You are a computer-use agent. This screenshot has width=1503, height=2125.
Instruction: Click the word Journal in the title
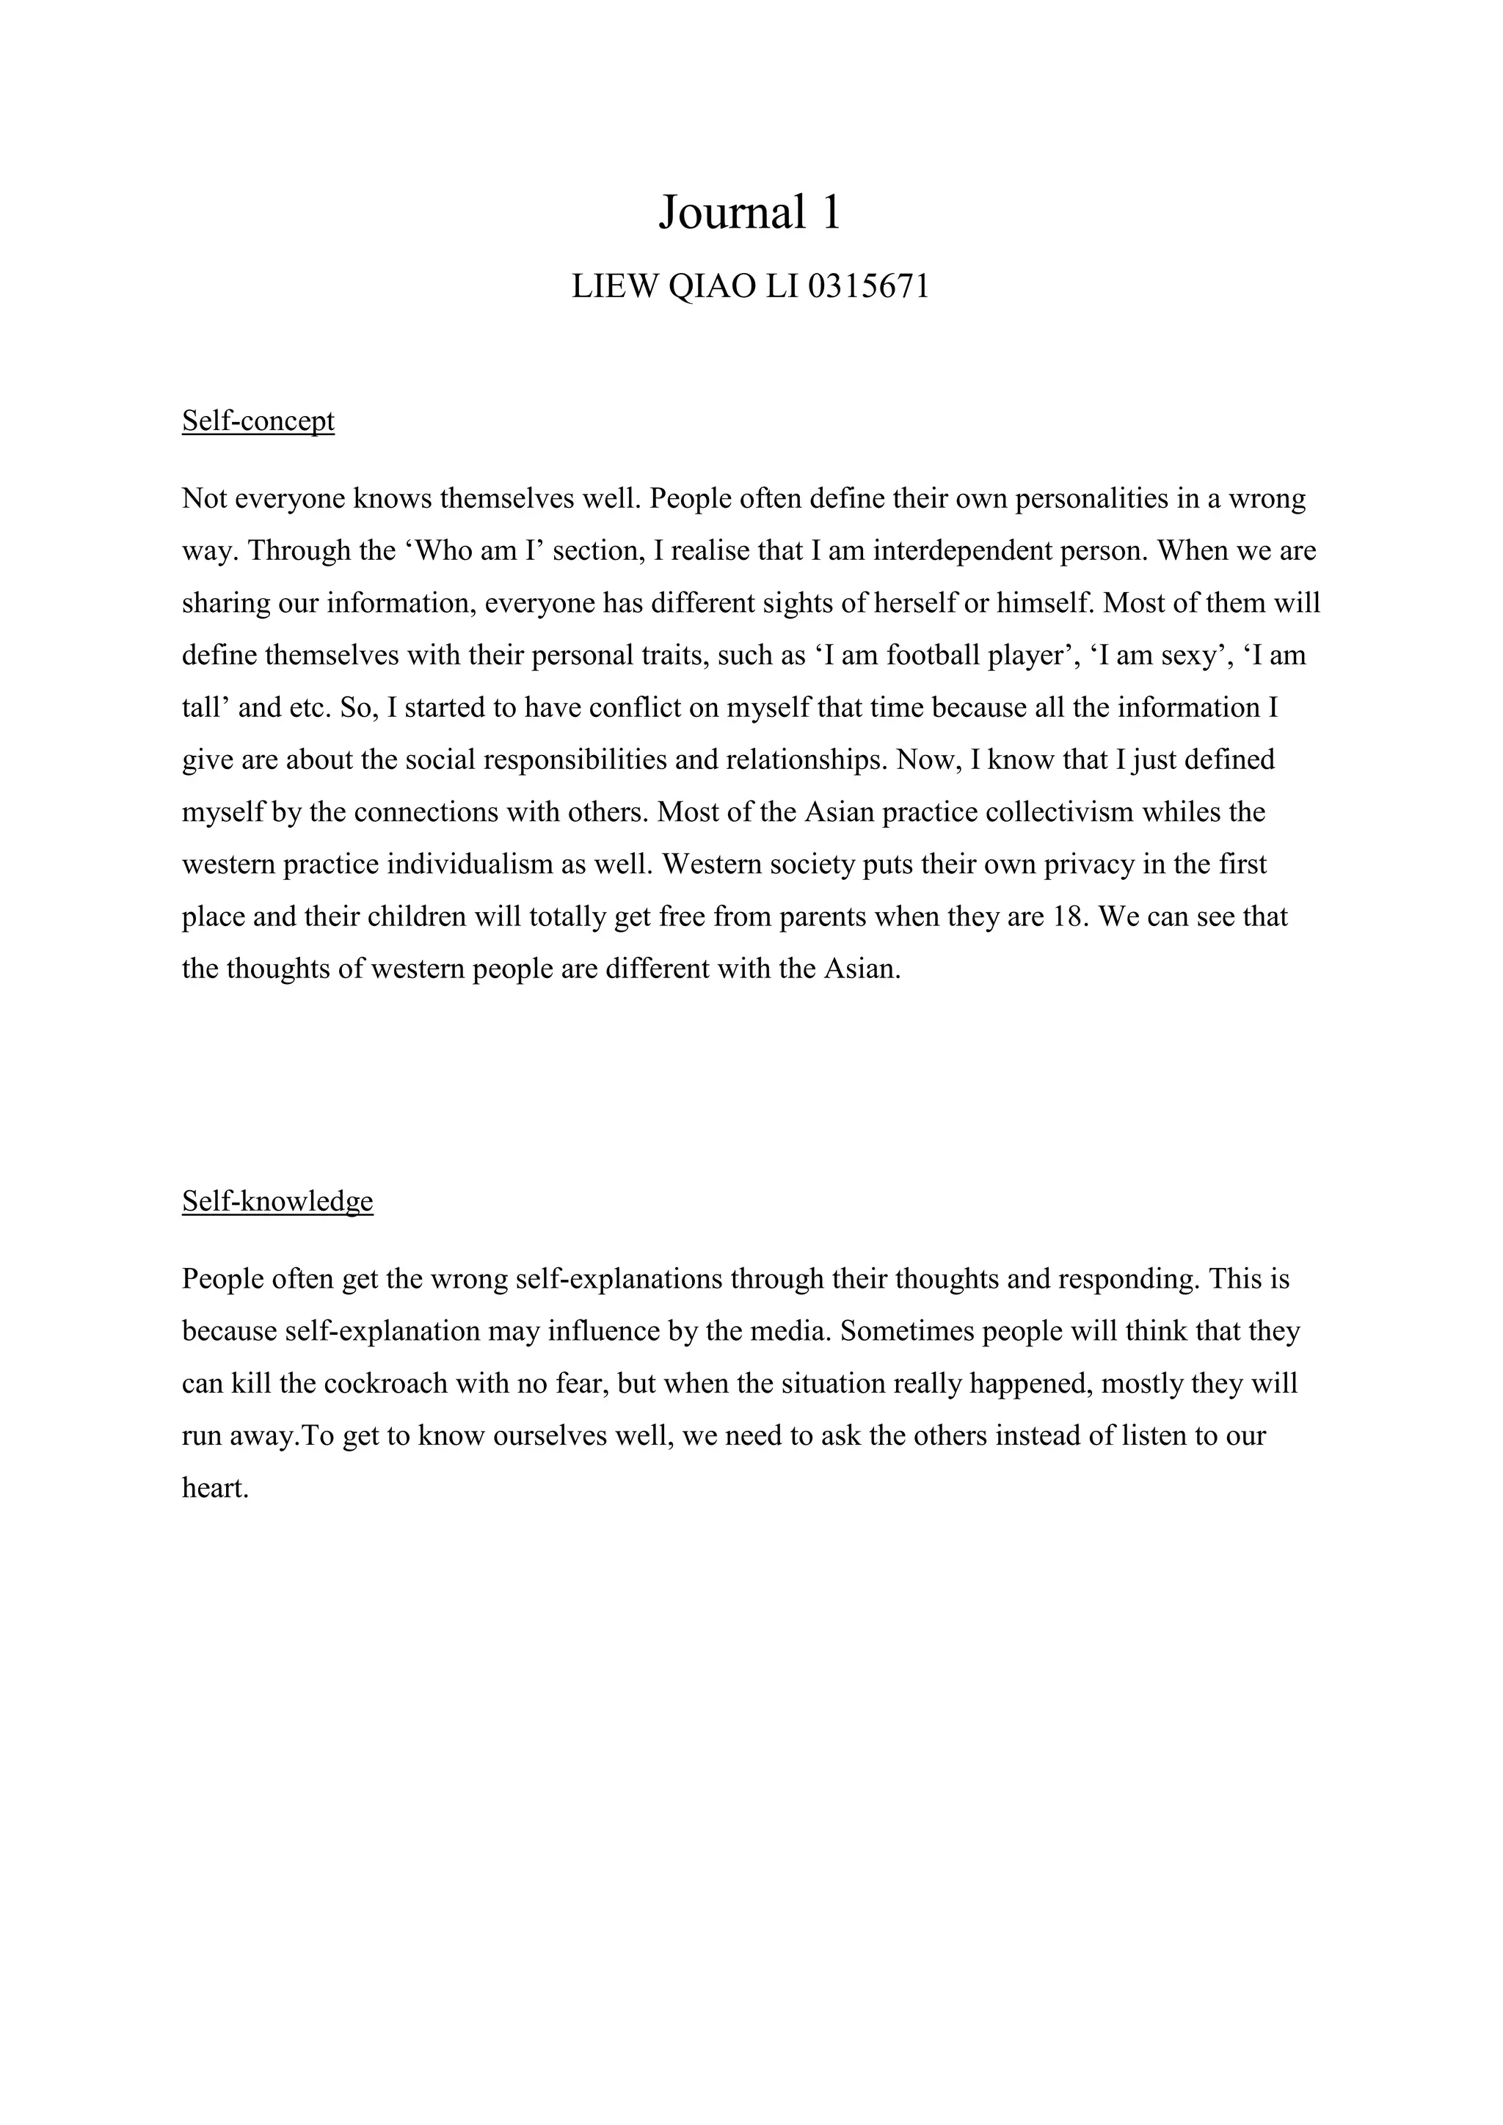point(732,213)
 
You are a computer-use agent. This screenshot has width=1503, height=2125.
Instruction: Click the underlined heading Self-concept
point(258,421)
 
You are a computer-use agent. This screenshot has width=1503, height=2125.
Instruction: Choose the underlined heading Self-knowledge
point(277,1201)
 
